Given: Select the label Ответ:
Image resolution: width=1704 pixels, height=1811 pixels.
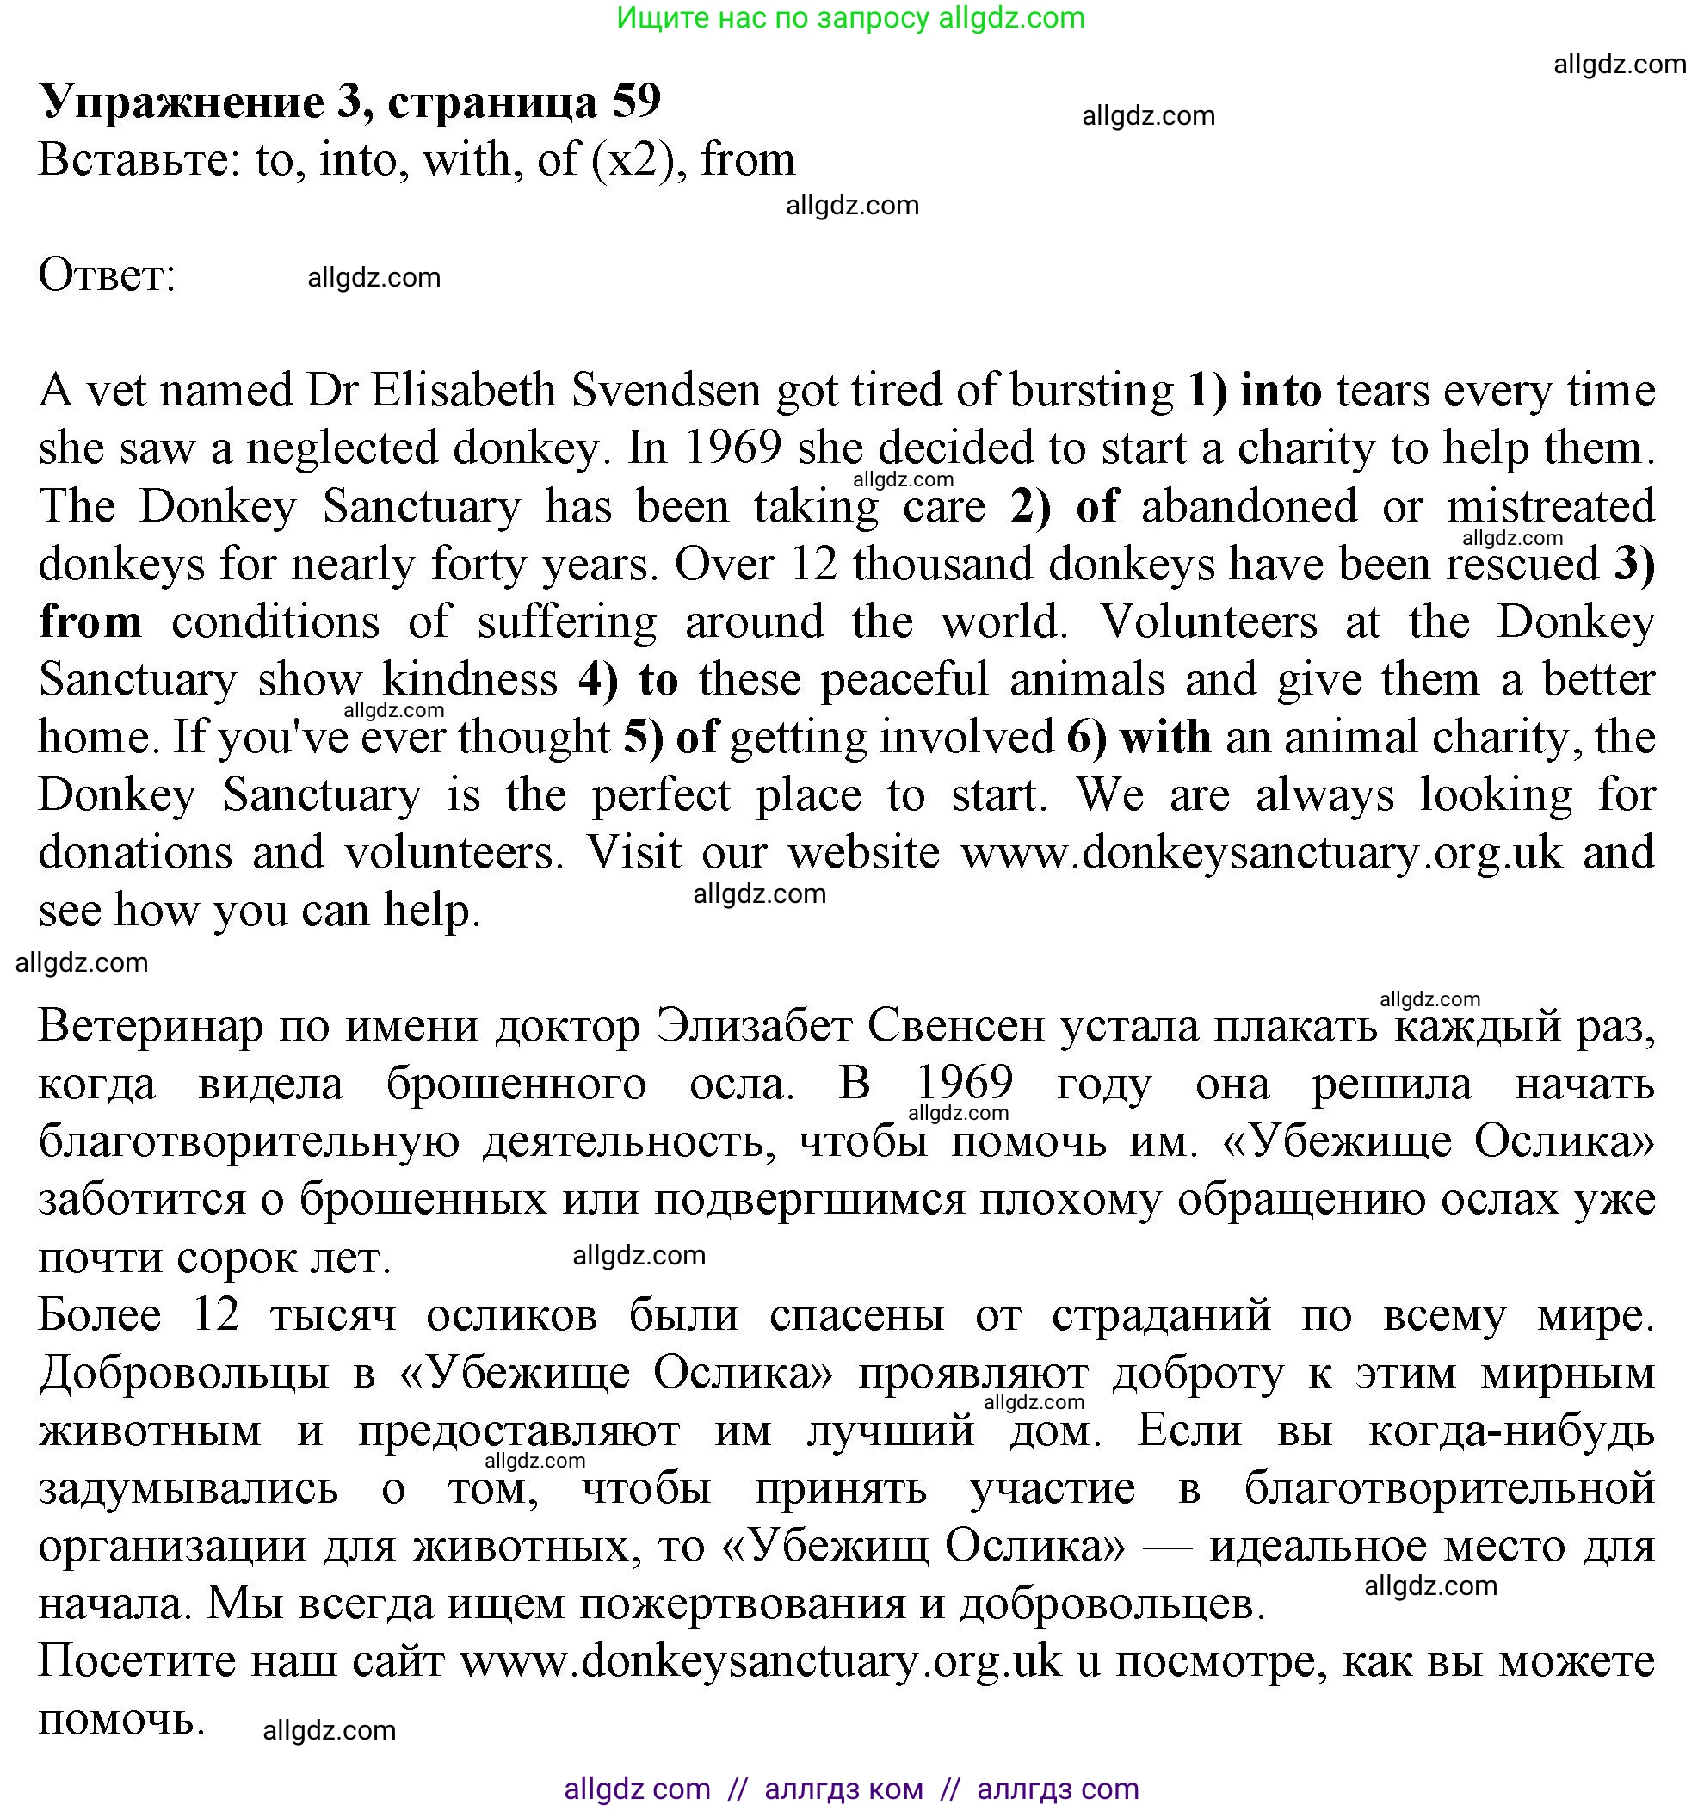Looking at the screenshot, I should click(107, 275).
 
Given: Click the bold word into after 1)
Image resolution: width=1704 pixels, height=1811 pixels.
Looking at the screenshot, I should click(1281, 390).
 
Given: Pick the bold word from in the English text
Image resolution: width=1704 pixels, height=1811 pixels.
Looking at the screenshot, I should click(90, 621).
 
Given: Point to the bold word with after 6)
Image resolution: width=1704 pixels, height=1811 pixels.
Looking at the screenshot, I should click(1166, 737).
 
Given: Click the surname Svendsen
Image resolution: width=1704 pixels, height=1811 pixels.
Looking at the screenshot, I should click(666, 390).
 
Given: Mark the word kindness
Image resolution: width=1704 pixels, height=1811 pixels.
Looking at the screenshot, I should click(470, 680).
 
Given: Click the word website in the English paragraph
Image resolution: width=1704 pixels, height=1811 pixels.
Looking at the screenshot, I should click(863, 853).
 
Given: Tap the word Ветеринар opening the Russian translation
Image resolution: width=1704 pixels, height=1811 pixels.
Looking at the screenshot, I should click(151, 1027).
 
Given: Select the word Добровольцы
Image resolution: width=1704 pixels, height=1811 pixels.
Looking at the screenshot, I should click(183, 1374).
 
